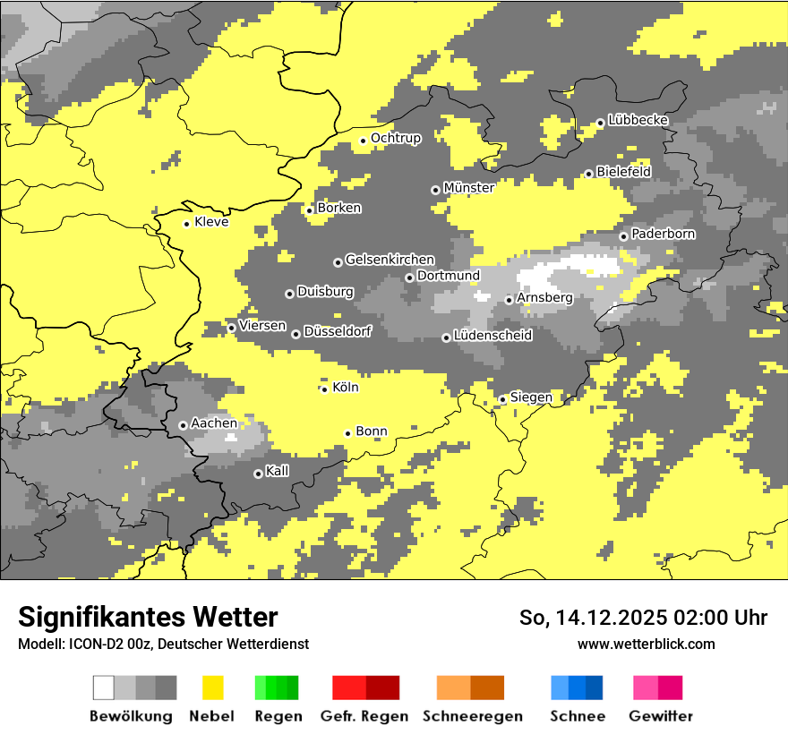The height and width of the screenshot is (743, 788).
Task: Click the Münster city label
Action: click(x=468, y=188)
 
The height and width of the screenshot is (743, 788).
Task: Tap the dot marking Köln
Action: click(x=324, y=389)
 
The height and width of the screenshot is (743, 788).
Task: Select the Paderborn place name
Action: click(x=663, y=234)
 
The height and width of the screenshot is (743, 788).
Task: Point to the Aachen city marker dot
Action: click(x=183, y=425)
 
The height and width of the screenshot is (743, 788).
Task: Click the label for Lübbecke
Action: click(x=638, y=120)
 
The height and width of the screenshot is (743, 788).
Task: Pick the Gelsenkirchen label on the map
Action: click(x=390, y=260)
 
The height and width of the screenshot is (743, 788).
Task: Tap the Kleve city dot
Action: click(x=186, y=224)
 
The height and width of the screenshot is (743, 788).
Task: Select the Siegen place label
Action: click(x=531, y=397)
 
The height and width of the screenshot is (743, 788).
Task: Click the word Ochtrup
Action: click(x=395, y=138)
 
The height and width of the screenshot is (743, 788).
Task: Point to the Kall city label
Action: click(x=277, y=471)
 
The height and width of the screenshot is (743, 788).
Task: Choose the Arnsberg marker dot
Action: click(x=509, y=300)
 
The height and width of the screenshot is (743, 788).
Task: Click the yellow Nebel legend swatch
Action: click(x=213, y=687)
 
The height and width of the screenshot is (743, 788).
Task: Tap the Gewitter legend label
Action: click(x=661, y=716)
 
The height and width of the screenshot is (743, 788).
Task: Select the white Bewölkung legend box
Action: click(x=104, y=687)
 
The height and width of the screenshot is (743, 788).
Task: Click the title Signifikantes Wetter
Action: click(x=148, y=617)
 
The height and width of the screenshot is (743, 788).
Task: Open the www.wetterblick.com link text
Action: click(x=646, y=644)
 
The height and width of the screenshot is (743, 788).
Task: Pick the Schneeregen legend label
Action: click(x=473, y=716)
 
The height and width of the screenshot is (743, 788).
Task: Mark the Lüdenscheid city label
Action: click(x=492, y=336)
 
